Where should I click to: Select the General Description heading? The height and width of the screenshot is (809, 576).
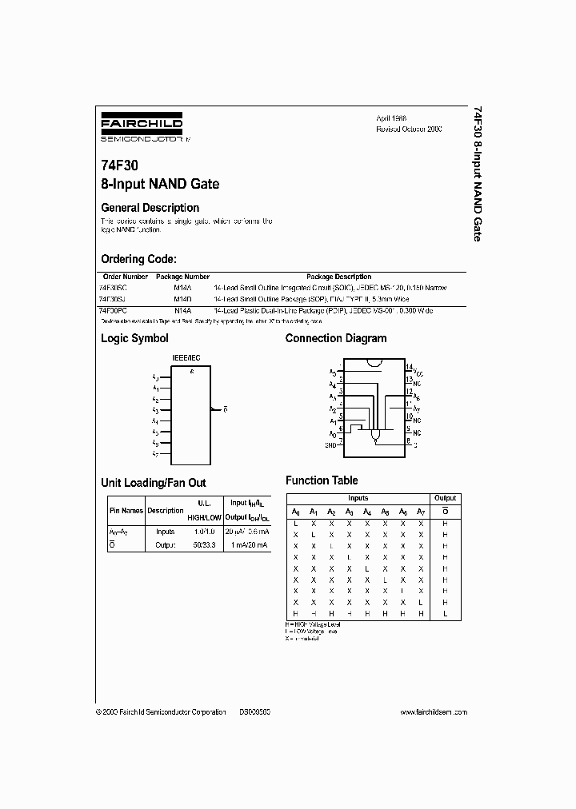150,208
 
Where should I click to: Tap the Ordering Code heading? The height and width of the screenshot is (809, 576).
138,259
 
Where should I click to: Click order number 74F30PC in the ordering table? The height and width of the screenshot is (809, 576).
114,309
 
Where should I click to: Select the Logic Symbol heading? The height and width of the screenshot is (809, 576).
134,338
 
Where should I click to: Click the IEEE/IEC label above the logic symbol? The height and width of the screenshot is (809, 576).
186,359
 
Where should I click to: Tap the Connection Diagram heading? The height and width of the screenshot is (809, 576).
336,338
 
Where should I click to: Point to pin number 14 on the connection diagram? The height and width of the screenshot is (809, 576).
408,368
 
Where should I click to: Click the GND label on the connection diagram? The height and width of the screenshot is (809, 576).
330,444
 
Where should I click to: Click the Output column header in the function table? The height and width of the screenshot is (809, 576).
445,498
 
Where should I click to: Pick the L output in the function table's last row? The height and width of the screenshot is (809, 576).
445,613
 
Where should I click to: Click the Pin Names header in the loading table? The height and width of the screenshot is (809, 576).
126,510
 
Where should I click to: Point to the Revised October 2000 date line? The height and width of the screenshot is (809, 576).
409,129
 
